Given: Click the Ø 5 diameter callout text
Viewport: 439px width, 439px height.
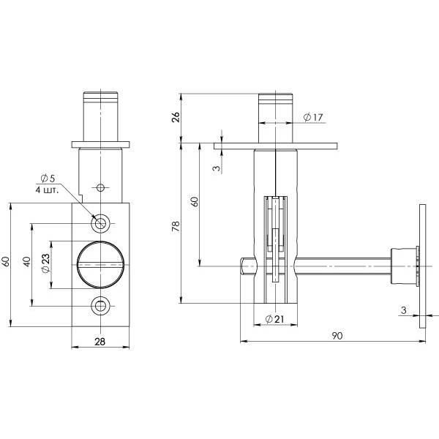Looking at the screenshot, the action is (x=48, y=179).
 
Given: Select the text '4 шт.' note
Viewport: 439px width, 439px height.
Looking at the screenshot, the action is (x=47, y=190).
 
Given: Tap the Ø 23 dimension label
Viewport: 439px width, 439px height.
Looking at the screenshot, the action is (x=45, y=263).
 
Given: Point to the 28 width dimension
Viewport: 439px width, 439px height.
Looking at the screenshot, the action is (x=100, y=342).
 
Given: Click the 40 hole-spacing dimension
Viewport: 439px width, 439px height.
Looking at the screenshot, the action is (x=27, y=261).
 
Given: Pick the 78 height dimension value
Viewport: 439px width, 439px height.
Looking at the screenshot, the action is (x=176, y=225).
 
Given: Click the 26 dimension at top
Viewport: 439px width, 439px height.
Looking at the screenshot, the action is (x=176, y=117).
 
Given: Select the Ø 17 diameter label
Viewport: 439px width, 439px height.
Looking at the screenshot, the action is (x=313, y=117).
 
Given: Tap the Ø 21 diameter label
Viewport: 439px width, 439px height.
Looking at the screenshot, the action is (x=274, y=319).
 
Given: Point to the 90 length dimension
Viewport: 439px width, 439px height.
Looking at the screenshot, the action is (x=337, y=335).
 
